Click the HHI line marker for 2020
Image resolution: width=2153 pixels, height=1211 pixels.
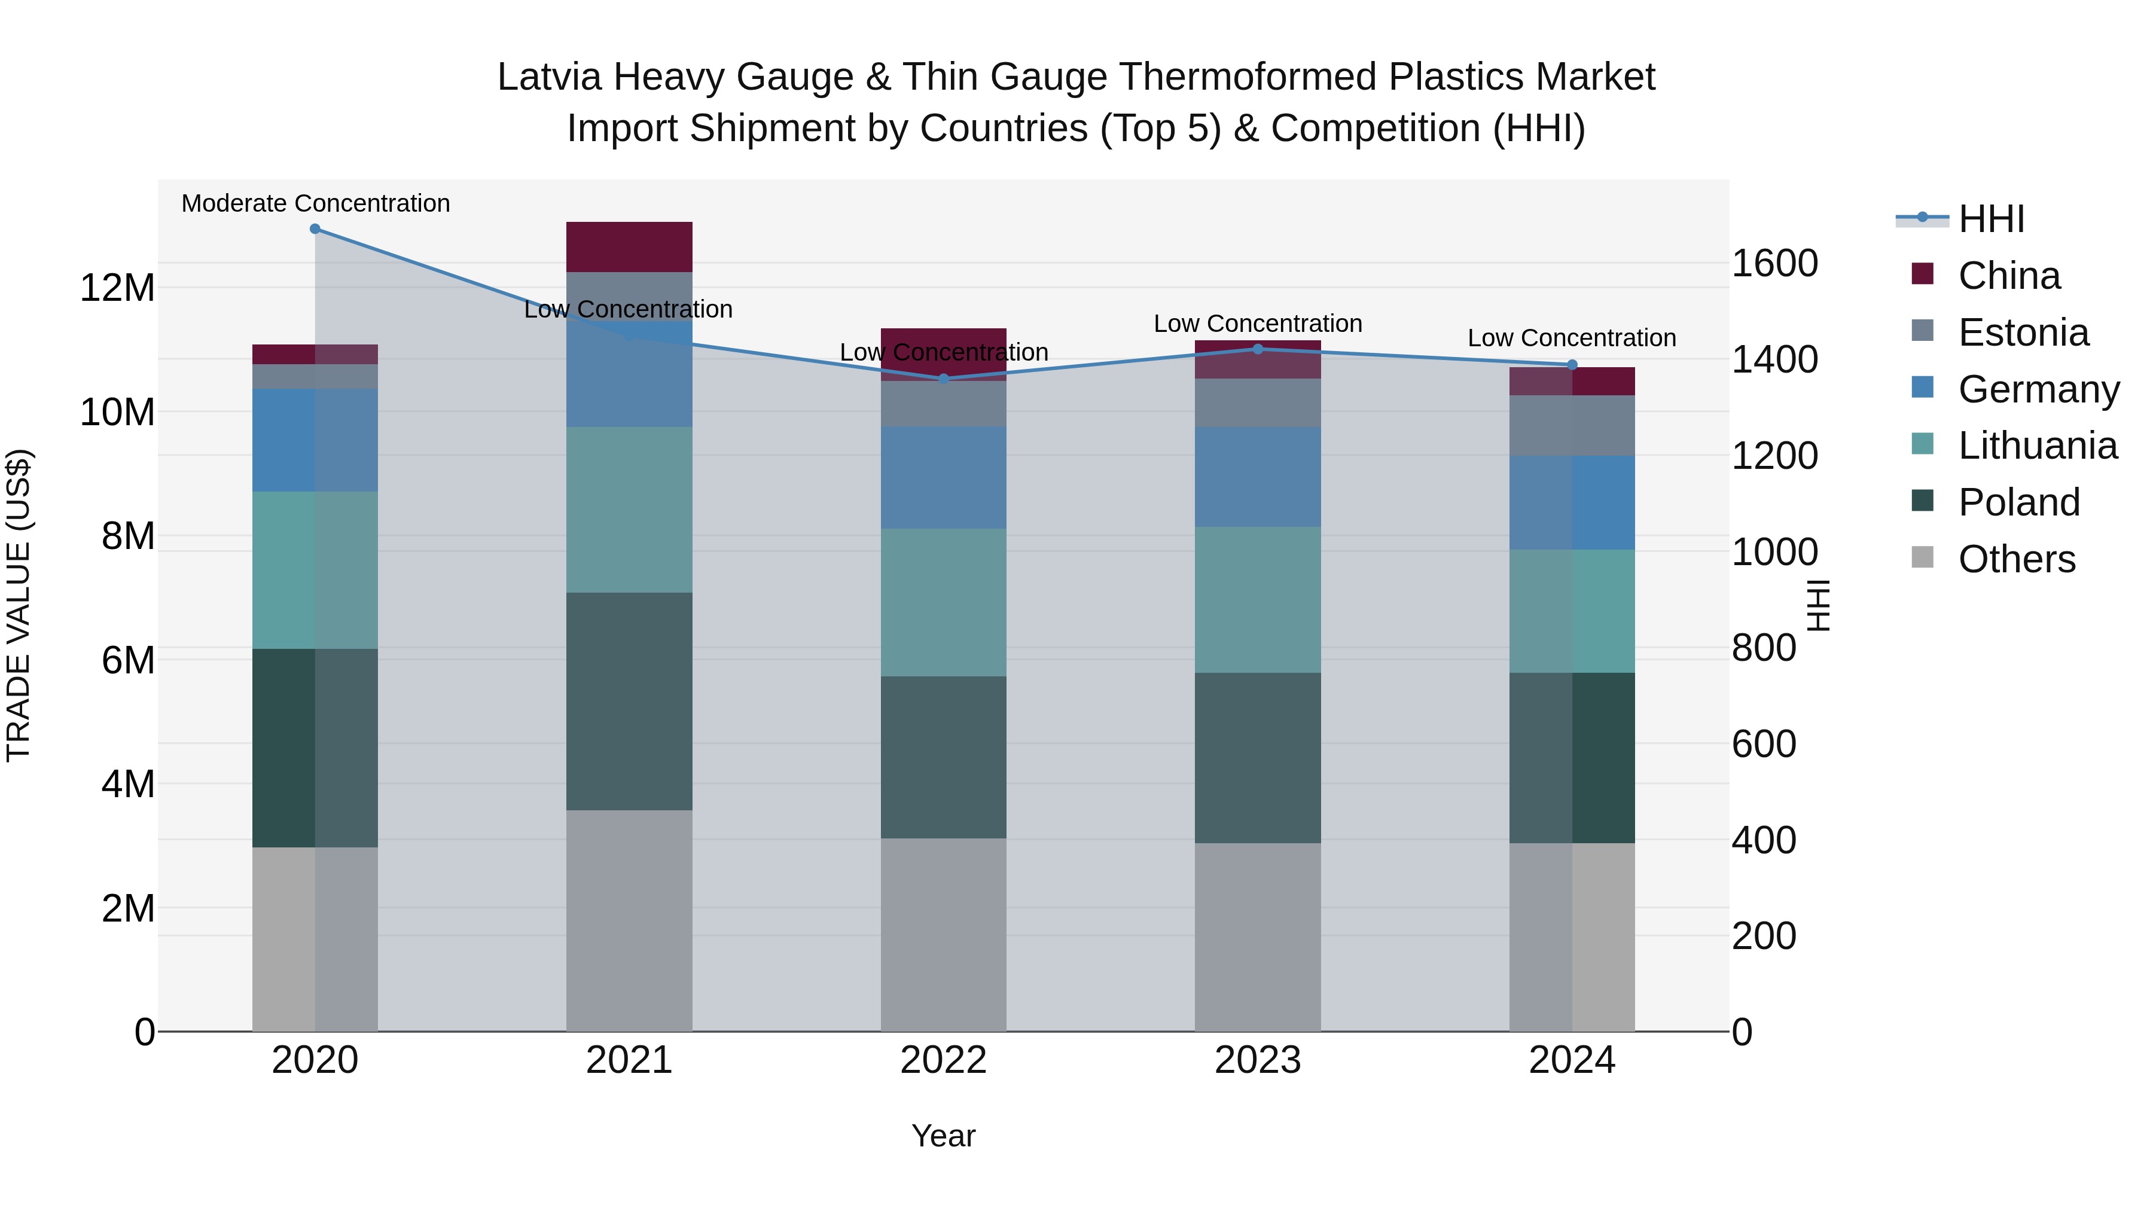[x=315, y=229]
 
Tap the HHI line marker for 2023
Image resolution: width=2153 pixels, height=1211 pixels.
[x=1258, y=349]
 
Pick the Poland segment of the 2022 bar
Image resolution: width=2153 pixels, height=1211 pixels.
[x=944, y=757]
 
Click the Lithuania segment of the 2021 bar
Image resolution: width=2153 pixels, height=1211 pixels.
[x=629, y=510]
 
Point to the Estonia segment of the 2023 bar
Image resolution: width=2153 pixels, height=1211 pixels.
[x=1258, y=403]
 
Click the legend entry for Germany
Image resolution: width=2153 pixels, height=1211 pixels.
[x=2038, y=389]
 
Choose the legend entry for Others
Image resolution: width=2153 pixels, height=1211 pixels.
[x=2016, y=559]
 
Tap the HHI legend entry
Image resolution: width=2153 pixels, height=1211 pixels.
[x=1991, y=219]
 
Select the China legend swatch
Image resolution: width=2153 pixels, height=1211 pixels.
[x=1922, y=274]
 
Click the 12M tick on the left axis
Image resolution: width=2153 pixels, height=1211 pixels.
[x=117, y=288]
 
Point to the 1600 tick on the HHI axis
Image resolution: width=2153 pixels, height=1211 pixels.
[x=1774, y=263]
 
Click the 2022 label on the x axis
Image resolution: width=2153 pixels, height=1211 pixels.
[x=944, y=1060]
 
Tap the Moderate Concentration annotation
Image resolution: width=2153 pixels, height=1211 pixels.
[x=315, y=203]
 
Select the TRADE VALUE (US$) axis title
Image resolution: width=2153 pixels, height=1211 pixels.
[x=19, y=605]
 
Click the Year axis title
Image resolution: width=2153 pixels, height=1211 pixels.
[x=944, y=1136]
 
